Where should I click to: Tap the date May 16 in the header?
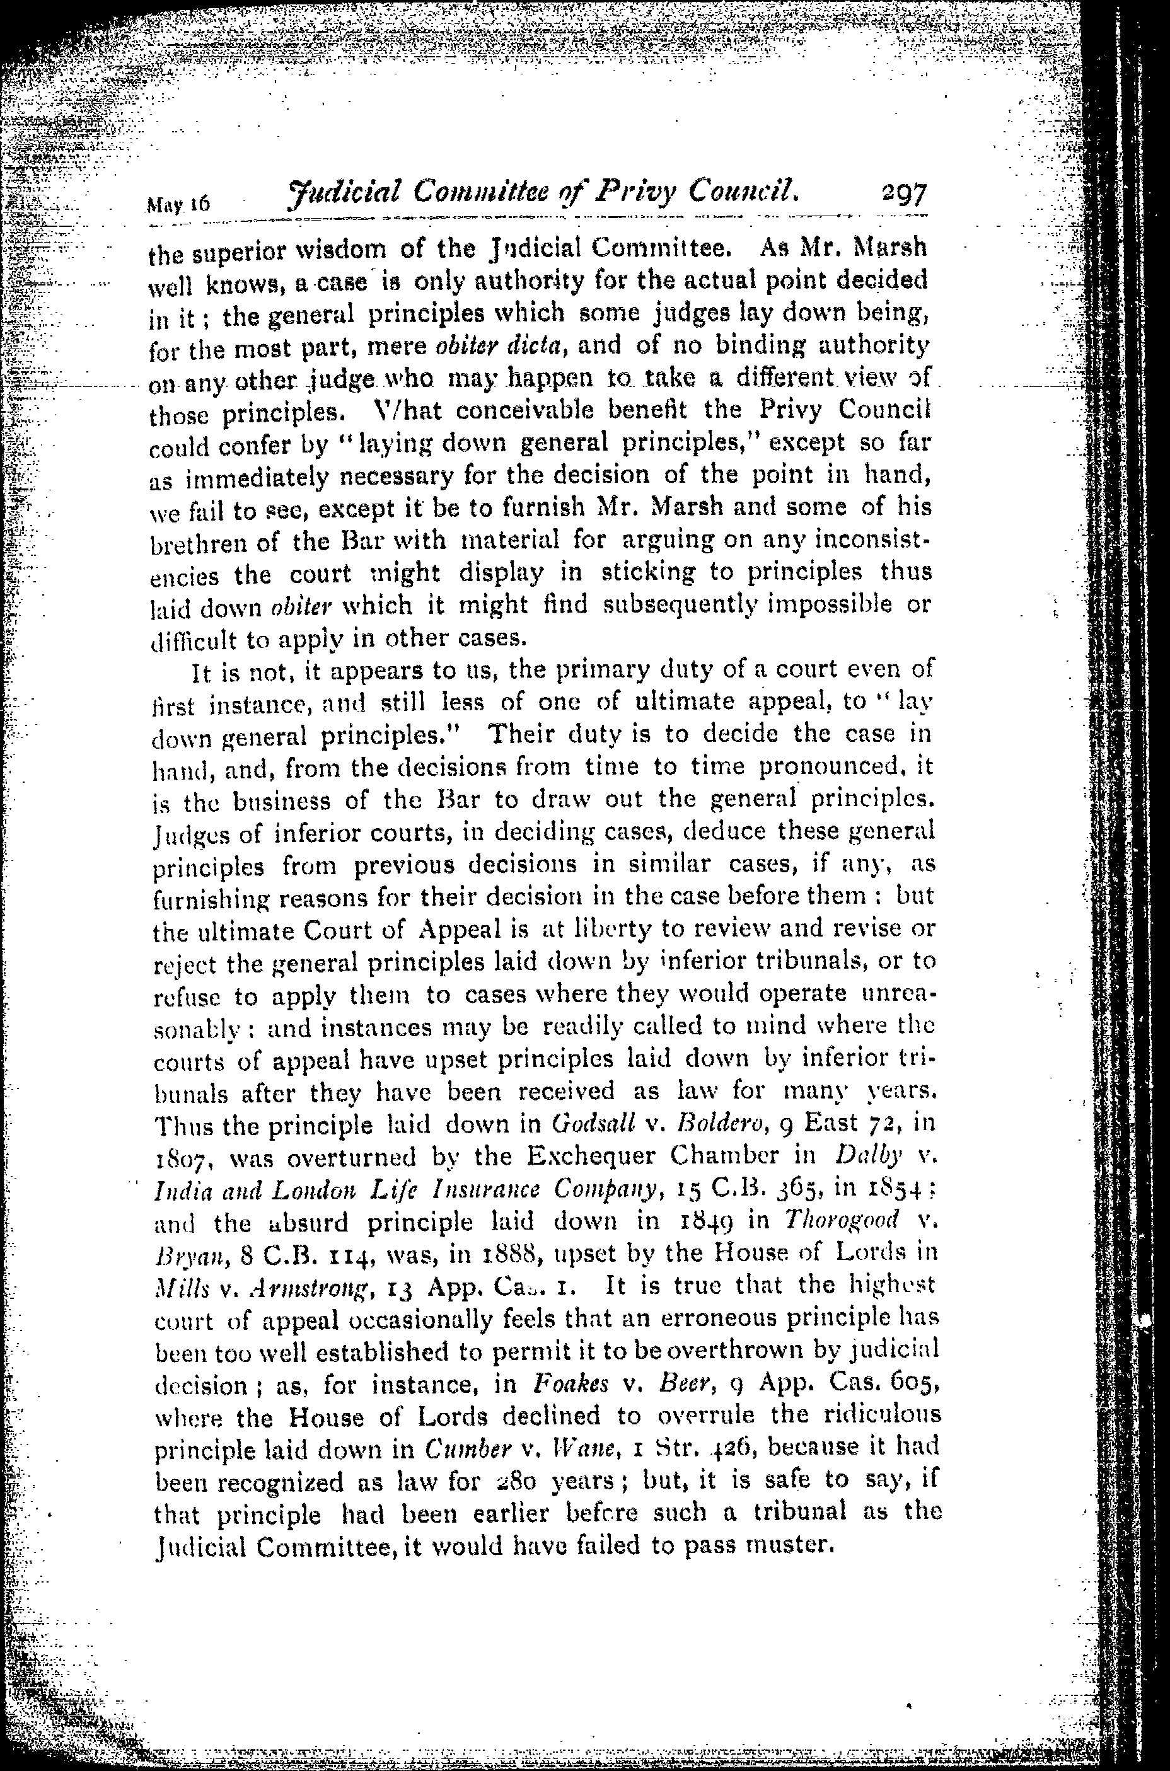pyautogui.click(x=180, y=204)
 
